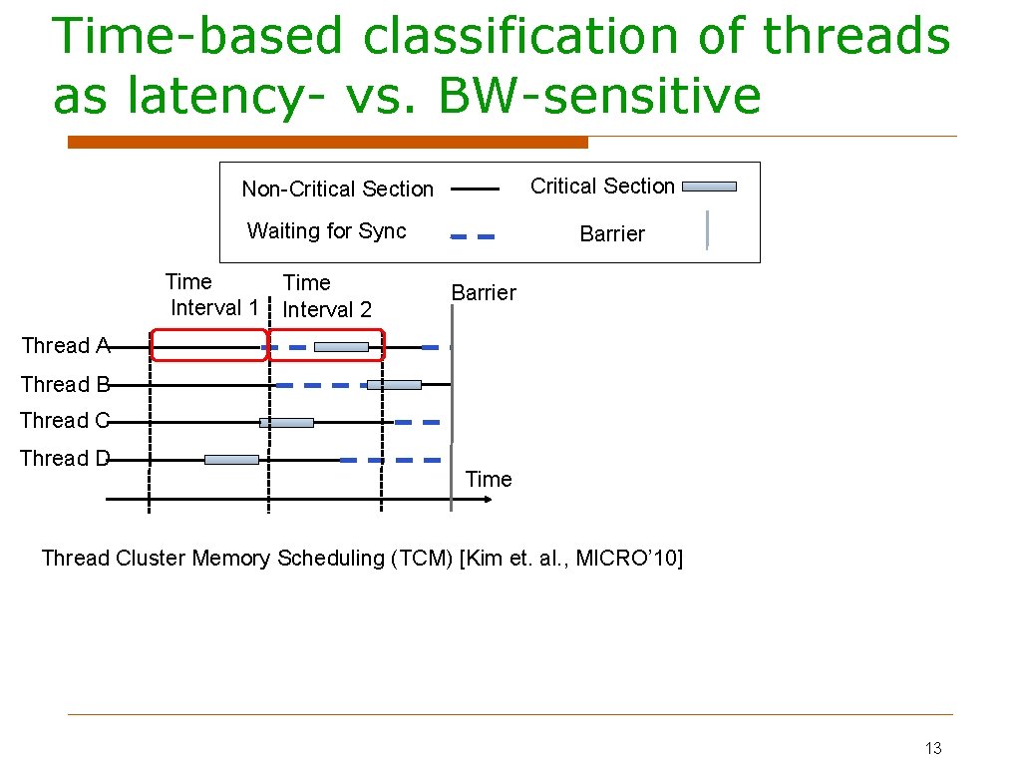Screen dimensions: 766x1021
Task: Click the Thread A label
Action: click(65, 346)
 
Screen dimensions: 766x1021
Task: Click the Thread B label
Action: click(65, 384)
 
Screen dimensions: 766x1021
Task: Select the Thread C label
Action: click(65, 421)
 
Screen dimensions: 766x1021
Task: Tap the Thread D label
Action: click(65, 459)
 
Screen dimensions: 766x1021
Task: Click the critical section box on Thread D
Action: click(231, 460)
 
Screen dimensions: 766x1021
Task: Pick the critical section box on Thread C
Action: click(286, 423)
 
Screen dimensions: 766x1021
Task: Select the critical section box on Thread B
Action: click(394, 385)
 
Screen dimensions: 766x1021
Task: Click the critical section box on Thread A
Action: click(341, 347)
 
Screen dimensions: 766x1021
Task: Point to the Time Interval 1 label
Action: click(213, 295)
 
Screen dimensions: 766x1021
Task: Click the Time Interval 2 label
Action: click(327, 296)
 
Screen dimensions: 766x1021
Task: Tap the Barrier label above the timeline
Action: click(484, 293)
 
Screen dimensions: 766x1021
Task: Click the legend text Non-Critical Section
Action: click(337, 190)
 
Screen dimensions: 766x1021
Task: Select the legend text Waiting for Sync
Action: click(326, 231)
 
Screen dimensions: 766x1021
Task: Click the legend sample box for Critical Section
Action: click(710, 187)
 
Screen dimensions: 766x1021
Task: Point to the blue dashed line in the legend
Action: click(473, 237)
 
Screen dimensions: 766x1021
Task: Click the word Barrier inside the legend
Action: click(612, 234)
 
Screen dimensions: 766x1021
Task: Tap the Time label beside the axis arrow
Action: click(489, 480)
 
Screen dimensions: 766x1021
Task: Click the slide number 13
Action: click(933, 748)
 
